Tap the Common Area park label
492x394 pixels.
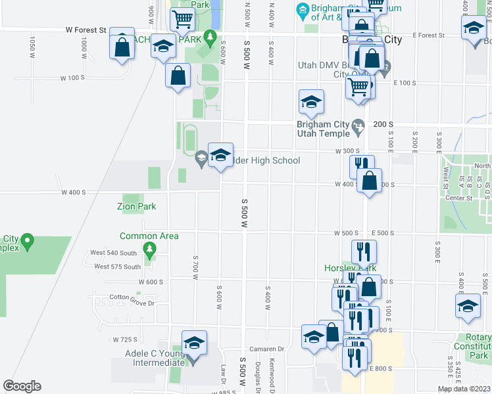149,236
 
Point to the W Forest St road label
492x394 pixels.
86,30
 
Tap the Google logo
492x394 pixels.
22,386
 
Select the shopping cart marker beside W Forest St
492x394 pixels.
182,20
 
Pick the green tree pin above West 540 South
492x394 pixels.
151,249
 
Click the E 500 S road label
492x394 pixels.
382,233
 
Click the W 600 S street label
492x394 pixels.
150,282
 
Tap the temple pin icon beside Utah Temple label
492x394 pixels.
358,125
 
